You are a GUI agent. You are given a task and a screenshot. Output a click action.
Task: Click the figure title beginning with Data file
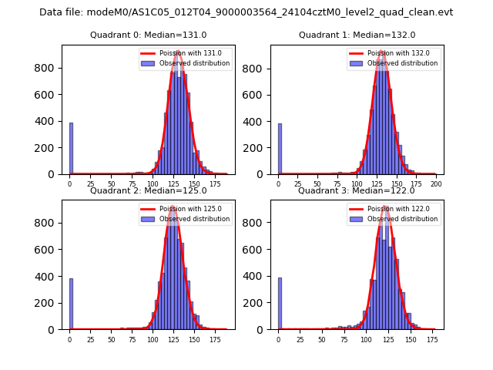246,12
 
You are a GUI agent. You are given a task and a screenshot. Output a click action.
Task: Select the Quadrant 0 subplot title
148,35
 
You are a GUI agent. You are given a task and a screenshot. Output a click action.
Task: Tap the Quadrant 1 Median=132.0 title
357,35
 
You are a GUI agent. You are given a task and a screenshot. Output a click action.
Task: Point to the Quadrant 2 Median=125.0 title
148,190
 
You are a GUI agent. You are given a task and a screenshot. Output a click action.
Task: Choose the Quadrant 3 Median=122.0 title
357,190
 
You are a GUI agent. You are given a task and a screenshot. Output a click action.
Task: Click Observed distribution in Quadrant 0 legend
194,63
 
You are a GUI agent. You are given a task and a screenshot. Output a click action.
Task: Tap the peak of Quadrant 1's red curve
382,52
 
